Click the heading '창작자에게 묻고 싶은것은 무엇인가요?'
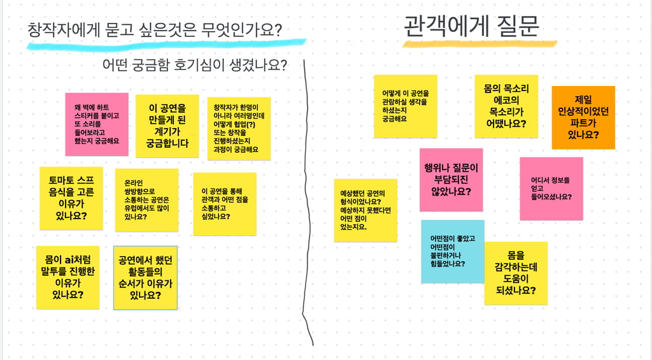(x=155, y=29)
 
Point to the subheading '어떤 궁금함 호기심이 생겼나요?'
(x=194, y=65)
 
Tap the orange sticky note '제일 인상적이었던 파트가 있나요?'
(x=583, y=117)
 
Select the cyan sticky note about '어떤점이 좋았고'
(x=452, y=251)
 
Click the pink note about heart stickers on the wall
(x=97, y=124)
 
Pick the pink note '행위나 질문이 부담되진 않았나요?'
(x=451, y=179)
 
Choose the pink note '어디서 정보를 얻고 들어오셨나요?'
(x=551, y=188)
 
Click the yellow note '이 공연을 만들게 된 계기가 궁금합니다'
(x=167, y=126)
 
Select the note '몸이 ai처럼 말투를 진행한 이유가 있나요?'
(x=67, y=277)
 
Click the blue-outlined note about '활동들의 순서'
(x=145, y=278)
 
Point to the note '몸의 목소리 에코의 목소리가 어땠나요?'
(x=506, y=106)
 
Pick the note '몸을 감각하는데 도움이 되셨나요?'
(x=516, y=273)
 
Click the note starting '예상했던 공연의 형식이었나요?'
(x=365, y=210)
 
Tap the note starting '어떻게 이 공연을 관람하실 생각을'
(x=405, y=106)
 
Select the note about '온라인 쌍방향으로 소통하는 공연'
(x=146, y=199)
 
